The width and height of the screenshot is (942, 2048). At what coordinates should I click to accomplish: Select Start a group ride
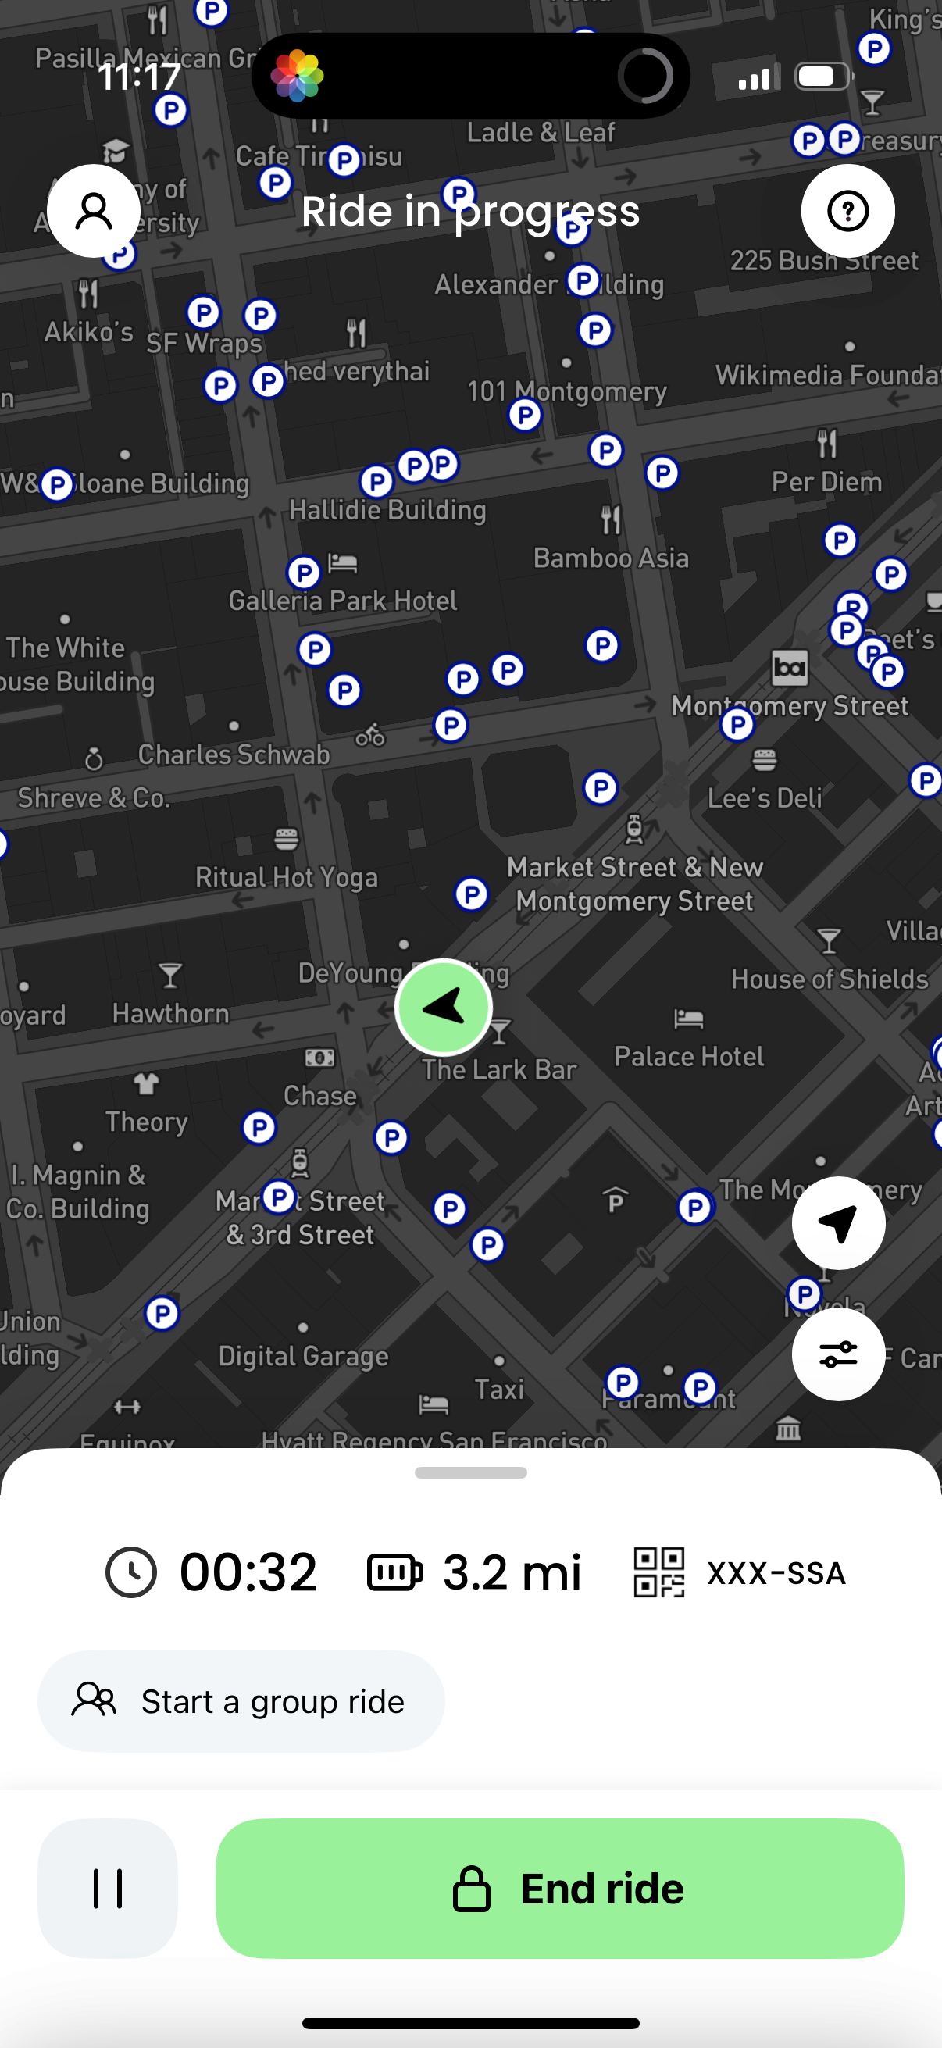coord(241,1701)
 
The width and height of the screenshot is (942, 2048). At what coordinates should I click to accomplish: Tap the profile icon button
coord(94,211)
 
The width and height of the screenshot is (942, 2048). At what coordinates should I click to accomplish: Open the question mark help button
coord(847,211)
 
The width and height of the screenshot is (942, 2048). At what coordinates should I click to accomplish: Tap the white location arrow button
coord(838,1222)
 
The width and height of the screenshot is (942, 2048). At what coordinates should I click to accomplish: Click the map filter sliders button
coord(838,1354)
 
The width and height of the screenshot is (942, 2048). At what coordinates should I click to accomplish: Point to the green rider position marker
coord(444,1007)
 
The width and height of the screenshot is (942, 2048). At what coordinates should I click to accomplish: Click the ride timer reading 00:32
coord(248,1572)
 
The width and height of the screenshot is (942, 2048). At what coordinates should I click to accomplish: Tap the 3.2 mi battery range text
coord(511,1572)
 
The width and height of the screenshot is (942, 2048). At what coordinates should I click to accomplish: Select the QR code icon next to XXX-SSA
coord(659,1572)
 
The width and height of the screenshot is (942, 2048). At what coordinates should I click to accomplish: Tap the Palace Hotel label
coord(688,1056)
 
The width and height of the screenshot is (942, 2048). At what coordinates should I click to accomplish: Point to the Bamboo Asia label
coord(611,558)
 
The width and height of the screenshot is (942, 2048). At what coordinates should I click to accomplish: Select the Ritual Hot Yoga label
coord(286,877)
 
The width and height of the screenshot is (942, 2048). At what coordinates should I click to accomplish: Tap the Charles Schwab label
coord(234,755)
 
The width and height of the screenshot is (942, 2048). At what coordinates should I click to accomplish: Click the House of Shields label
coord(829,979)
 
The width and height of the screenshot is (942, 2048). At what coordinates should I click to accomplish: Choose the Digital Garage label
coord(304,1355)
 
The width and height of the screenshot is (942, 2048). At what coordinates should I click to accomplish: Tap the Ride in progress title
coord(470,212)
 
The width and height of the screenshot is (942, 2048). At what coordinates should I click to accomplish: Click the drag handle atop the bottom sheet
coord(470,1472)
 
